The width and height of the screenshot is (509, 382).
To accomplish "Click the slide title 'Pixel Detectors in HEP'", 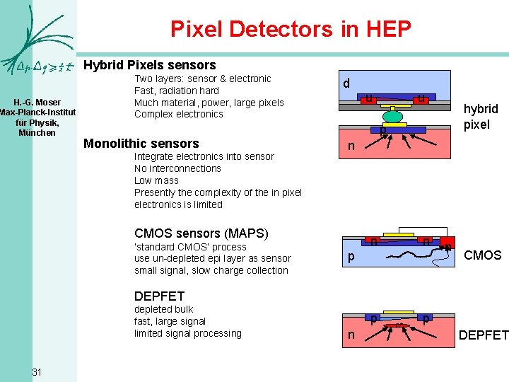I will coord(291,29).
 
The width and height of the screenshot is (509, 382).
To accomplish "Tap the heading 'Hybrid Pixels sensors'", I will coord(150,65).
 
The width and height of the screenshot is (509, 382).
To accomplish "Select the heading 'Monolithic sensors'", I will coord(141,144).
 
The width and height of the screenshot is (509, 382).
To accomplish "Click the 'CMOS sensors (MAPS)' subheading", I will coord(201,233).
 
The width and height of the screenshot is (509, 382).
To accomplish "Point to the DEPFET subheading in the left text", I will coord(159,296).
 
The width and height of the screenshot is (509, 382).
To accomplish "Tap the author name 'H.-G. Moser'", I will coord(37,103).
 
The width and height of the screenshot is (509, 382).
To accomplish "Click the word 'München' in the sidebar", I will coord(37,132).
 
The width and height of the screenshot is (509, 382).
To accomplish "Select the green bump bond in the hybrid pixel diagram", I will coord(393,115).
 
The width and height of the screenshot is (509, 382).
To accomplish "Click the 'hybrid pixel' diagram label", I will coord(481,116).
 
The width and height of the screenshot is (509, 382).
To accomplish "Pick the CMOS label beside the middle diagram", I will coord(483,255).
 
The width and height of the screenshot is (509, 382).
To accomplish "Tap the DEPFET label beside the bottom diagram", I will coord(484,335).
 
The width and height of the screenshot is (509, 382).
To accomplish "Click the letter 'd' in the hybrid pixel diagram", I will coord(346,83).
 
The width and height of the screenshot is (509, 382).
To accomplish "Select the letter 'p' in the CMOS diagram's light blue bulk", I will coord(351,258).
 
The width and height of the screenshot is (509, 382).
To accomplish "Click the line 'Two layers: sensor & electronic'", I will coord(203,79).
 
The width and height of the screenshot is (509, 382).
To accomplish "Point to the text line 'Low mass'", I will coord(156,180).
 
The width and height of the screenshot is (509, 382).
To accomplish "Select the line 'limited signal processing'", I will coord(188,333).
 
